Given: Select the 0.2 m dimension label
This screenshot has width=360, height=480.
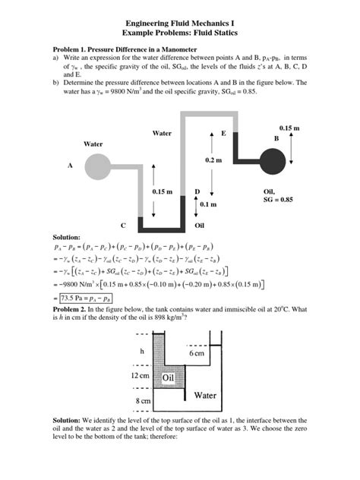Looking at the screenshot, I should coord(213,160).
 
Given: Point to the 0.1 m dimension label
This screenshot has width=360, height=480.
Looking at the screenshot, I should coord(208,205).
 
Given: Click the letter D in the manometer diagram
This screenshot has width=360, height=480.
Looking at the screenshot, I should coord(197,192).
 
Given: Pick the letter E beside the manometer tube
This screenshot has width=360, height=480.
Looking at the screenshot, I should coord(223,134).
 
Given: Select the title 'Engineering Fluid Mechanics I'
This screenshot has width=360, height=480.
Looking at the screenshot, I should coord(180,24).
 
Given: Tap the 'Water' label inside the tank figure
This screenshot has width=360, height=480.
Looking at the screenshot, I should coord(205,395).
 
